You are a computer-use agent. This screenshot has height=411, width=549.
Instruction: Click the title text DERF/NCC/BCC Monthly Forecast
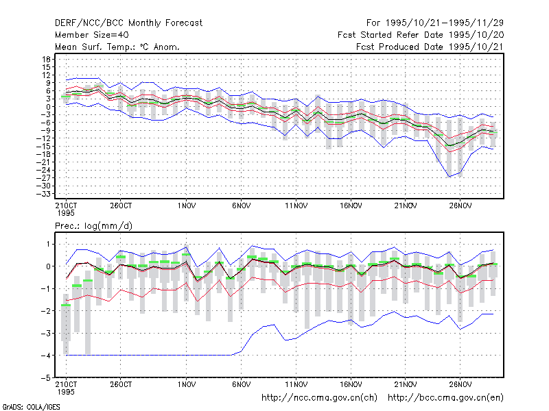tap(128, 23)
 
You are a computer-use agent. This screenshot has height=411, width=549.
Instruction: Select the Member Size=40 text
tap(92, 35)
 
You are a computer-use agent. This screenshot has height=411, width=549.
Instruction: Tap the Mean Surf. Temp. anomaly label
tap(117, 47)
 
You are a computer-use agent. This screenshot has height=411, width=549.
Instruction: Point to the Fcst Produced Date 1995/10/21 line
tap(430, 47)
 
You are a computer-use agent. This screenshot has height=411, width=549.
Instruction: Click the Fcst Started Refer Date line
tap(421, 35)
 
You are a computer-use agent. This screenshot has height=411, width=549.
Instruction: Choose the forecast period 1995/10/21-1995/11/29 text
tap(435, 23)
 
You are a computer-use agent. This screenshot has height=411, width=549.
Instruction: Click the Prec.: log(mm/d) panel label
tap(93, 226)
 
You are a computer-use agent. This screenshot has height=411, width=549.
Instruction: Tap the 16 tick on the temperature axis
tap(47, 60)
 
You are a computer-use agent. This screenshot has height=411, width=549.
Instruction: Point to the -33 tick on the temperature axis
tap(43, 194)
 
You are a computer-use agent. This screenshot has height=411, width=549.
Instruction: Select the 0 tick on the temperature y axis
tap(48, 107)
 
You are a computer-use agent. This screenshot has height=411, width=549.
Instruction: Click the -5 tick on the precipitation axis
tap(46, 378)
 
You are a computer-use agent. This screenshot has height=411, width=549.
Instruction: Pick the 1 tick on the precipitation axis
tap(48, 245)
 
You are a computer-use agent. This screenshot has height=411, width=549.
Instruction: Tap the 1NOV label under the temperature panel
tap(186, 206)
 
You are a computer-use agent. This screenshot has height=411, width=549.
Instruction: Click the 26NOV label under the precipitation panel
tap(460, 385)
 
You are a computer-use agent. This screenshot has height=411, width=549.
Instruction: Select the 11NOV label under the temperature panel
tap(296, 206)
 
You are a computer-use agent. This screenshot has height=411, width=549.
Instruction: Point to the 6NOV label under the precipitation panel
tap(242, 385)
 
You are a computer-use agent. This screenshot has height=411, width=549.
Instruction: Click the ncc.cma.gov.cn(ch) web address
tap(319, 398)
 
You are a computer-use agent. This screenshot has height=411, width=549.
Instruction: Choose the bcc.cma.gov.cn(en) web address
tap(445, 398)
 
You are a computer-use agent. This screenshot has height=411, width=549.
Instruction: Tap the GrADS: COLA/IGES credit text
tap(31, 407)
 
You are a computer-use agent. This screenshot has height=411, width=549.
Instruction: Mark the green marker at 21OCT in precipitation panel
tap(66, 305)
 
